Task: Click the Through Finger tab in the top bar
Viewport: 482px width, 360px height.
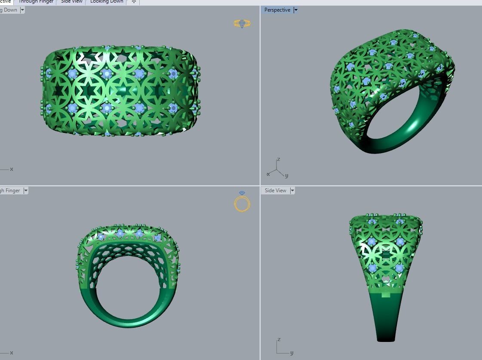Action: (36, 2)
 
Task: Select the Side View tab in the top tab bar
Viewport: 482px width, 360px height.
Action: (71, 2)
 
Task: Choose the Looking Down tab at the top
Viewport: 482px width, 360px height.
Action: (107, 2)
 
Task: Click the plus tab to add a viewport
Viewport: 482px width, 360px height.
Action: (134, 2)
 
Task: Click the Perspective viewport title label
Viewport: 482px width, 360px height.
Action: (277, 10)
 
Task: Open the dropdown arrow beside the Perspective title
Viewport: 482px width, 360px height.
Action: (296, 10)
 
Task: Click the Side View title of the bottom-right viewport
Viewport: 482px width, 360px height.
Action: (275, 191)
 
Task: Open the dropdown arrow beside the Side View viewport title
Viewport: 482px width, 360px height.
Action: (292, 191)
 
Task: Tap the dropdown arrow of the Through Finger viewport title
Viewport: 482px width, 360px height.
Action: (26, 191)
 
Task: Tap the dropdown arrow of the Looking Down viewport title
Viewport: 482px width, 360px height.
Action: (22, 10)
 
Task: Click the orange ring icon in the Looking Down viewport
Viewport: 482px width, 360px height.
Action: (242, 24)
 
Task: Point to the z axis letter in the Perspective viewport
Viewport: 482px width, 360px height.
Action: (279, 160)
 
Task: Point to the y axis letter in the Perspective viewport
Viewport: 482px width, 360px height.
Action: (286, 175)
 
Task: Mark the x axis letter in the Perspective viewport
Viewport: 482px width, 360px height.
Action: (268, 174)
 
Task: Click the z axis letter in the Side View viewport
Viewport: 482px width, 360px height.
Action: (279, 339)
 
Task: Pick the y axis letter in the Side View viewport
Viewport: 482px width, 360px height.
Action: (292, 353)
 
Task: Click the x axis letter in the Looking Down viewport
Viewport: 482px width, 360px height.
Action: (12, 169)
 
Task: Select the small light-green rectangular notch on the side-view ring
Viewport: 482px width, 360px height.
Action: (386, 295)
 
